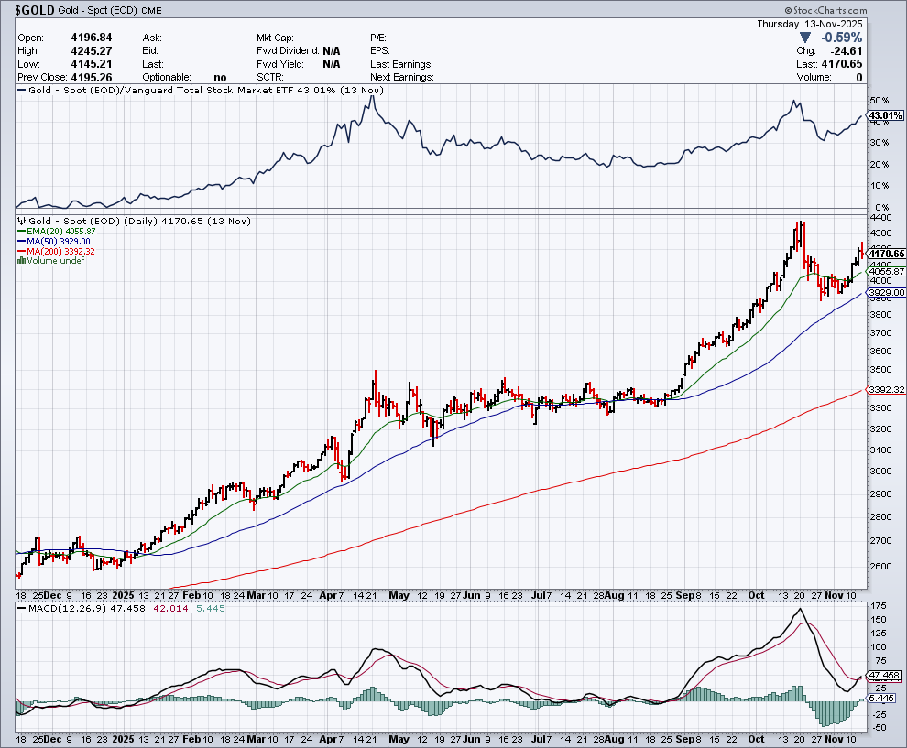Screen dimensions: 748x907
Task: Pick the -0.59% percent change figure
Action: (842, 38)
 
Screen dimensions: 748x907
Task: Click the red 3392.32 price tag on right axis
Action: (885, 389)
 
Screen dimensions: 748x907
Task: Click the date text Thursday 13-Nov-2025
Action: (810, 24)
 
